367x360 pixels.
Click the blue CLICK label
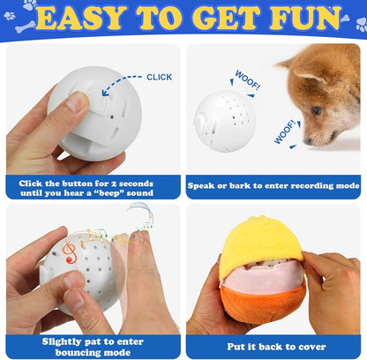[159, 77]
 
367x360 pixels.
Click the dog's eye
[317, 111]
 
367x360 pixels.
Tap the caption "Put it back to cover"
[273, 346]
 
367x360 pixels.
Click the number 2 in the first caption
[121, 181]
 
